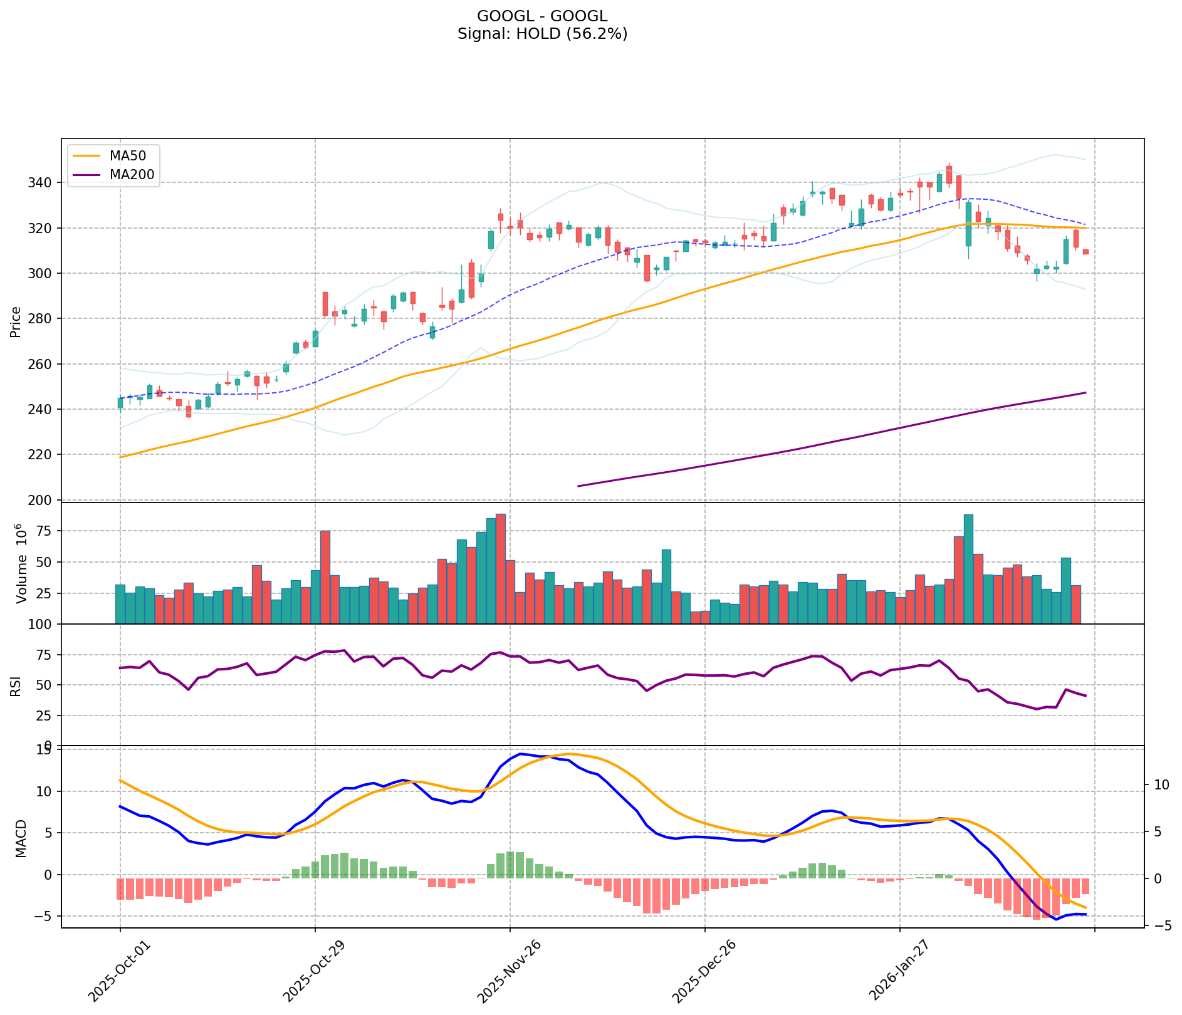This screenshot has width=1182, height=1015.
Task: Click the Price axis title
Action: pyautogui.click(x=16, y=321)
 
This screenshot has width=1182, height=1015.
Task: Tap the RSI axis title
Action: pyautogui.click(x=16, y=685)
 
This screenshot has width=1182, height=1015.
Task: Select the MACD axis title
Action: pyautogui.click(x=21, y=838)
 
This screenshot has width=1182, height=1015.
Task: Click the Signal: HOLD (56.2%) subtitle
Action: pyautogui.click(x=542, y=34)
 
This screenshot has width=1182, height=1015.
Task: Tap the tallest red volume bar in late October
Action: pyautogui.click(x=325, y=576)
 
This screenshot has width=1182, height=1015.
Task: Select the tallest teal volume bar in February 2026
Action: pyautogui.click(x=968, y=569)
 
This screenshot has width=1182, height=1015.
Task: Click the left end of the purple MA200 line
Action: pyautogui.click(x=578, y=486)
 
